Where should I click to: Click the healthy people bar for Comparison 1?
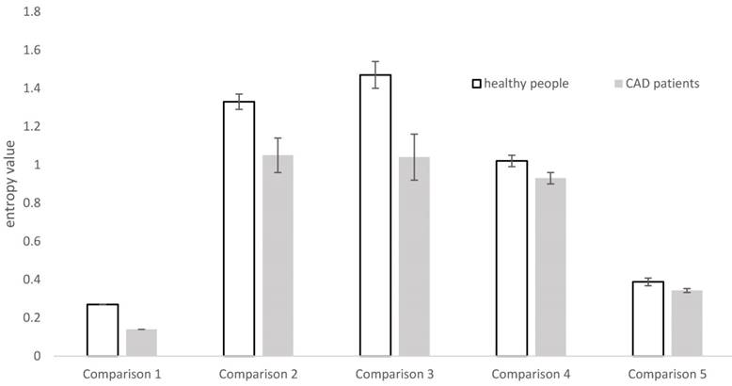103,330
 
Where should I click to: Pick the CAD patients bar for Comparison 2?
278,255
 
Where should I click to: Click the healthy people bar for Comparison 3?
375,216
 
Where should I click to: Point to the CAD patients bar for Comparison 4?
550,267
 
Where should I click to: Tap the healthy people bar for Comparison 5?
648,319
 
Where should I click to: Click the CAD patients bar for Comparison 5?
687,324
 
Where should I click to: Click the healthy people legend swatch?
477,84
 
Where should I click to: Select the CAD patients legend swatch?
617,84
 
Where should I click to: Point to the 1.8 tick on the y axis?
33,11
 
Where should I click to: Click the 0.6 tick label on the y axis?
33,242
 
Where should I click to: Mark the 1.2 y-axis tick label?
33,126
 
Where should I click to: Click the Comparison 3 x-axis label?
394,375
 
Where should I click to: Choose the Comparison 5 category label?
667,375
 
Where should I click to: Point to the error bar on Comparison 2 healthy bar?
238,102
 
